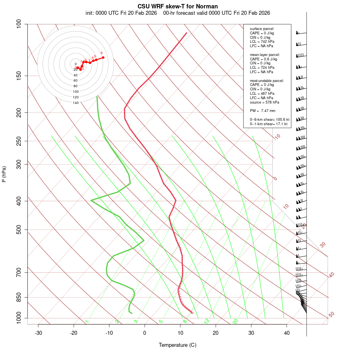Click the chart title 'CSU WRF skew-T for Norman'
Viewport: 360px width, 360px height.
click(x=178, y=7)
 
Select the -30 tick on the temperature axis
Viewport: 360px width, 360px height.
click(x=38, y=333)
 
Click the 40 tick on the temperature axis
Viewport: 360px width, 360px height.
click(x=287, y=333)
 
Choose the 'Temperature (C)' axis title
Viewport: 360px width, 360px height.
click(x=178, y=345)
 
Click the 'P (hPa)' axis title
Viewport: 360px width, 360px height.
click(x=4, y=174)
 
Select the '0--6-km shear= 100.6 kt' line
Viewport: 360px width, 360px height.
click(x=269, y=120)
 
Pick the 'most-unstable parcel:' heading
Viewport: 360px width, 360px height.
click(x=267, y=80)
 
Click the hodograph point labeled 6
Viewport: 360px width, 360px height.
click(x=103, y=58)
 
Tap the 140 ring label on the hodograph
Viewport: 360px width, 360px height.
click(x=75, y=103)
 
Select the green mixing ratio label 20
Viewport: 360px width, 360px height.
click(x=235, y=321)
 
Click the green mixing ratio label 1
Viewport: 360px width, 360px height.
click(x=86, y=322)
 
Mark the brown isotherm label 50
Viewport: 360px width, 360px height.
click(x=331, y=315)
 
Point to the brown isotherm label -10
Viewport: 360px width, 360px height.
click(x=277, y=137)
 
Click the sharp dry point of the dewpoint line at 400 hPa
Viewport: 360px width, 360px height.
click(x=91, y=200)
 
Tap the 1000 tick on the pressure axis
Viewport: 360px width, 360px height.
click(x=19, y=318)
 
